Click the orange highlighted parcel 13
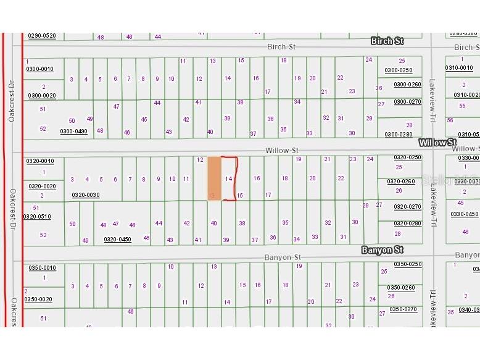[x=213, y=178]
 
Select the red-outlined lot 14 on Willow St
[x=229, y=178]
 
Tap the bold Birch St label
[x=387, y=41]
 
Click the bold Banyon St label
[x=382, y=250]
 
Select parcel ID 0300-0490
[x=73, y=132]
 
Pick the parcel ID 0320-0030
[x=86, y=195]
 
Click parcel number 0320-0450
[x=117, y=239]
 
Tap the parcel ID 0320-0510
[x=38, y=217]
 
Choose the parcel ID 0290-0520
[x=41, y=36]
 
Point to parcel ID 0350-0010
[x=41, y=268]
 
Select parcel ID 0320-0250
[x=407, y=157]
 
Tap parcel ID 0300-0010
[x=39, y=69]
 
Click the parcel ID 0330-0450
[x=464, y=214]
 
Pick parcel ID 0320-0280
[x=407, y=224]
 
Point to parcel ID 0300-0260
[x=407, y=85]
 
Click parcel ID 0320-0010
[x=40, y=161]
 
